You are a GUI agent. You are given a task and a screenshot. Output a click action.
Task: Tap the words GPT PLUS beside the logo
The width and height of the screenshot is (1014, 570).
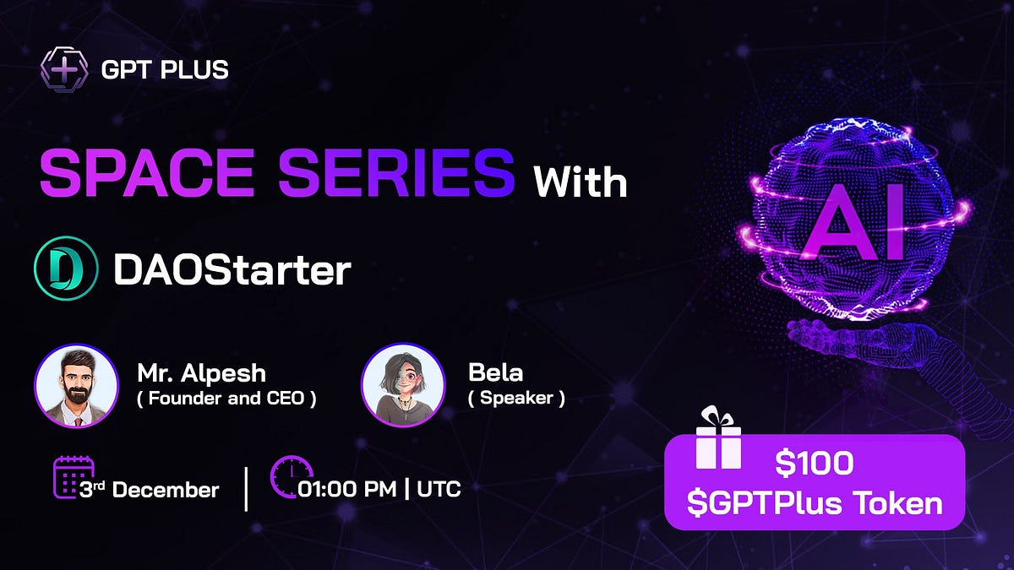(165, 69)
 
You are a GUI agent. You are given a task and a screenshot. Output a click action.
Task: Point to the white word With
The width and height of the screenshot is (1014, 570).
(579, 182)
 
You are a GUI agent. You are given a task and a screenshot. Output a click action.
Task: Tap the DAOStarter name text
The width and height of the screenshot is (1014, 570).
(232, 270)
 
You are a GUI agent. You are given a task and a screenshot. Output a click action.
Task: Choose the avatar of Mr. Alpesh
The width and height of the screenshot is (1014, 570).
(75, 385)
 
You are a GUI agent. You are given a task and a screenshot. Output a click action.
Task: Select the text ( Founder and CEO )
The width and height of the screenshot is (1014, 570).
(226, 399)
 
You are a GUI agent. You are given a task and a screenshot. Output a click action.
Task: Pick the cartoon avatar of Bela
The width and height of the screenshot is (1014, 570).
(403, 384)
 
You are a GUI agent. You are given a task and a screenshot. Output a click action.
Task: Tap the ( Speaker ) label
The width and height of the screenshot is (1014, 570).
(516, 398)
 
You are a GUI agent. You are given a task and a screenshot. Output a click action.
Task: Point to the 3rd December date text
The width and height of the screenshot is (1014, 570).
(150, 489)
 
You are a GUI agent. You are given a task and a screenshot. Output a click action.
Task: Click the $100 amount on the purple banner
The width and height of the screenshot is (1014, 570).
(814, 464)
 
